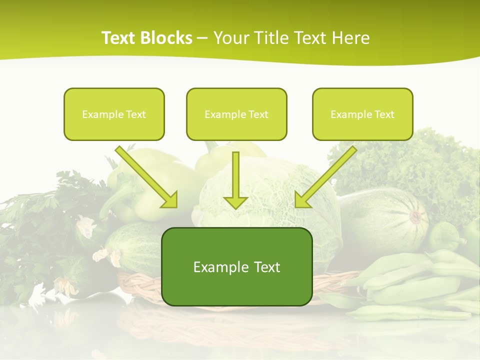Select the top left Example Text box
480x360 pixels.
tap(114, 114)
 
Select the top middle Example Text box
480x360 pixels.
tap(236, 114)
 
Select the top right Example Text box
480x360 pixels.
tap(362, 114)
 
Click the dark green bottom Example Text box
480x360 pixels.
tap(237, 266)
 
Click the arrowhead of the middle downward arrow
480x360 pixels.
tap(235, 202)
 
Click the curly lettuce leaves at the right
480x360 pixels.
tap(425, 160)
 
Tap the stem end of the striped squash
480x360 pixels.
tap(415, 216)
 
